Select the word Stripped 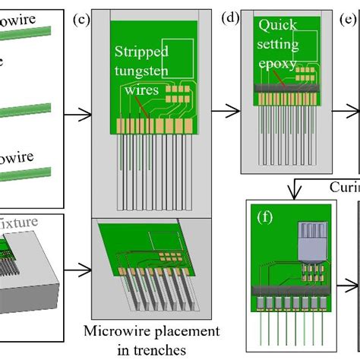click(x=142, y=52)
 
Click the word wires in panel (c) click(x=140, y=90)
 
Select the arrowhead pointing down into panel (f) click(x=292, y=194)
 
